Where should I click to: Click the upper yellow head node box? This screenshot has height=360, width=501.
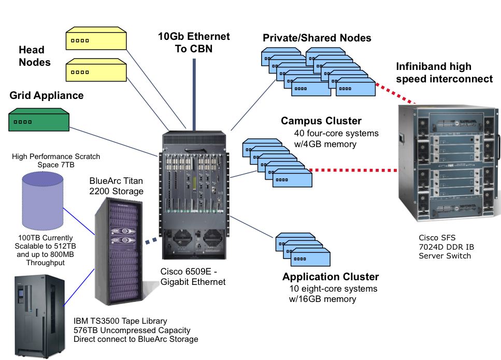(96, 40)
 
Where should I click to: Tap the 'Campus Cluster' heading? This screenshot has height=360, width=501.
(321, 121)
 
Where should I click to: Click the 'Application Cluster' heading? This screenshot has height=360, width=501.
(331, 277)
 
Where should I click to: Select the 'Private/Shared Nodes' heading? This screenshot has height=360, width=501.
(317, 38)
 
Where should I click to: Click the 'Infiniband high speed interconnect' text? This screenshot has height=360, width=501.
(444, 73)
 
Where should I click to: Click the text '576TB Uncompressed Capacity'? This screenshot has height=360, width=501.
(132, 330)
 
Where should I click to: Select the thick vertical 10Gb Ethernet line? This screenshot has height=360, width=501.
(194, 93)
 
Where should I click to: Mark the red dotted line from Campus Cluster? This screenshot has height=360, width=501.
(352, 169)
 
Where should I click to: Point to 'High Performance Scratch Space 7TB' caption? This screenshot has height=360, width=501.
(56, 160)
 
